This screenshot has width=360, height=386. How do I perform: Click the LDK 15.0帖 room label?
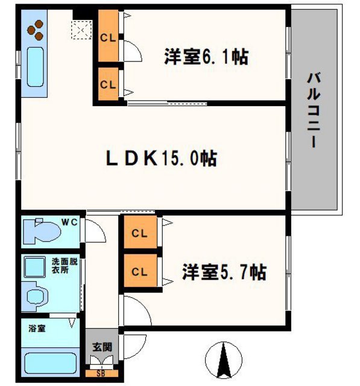pyautogui.click(x=162, y=159)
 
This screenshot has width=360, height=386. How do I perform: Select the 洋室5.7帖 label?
pyautogui.click(x=224, y=272)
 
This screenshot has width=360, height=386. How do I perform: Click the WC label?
pyautogui.click(x=71, y=223)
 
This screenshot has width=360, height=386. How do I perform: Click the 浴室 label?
pyautogui.click(x=37, y=329)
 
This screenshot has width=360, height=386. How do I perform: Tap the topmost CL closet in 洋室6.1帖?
pyautogui.click(x=109, y=37)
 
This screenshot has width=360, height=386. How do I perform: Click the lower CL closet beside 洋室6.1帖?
pyautogui.click(x=109, y=84)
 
